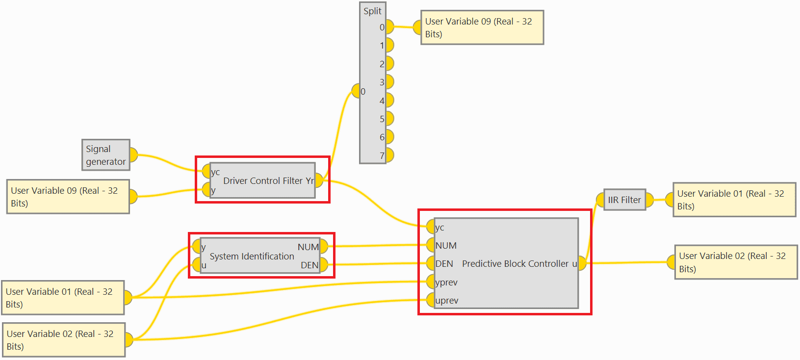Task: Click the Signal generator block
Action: [x=105, y=155]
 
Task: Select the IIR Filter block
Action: [x=624, y=200]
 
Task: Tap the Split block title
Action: [x=372, y=11]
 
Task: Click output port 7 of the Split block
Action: [x=389, y=155]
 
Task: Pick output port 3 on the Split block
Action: [x=389, y=82]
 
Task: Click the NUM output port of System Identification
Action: [x=324, y=247]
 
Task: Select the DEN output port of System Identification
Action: [x=324, y=265]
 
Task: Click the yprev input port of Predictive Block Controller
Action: [x=430, y=282]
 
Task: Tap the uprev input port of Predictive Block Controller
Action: [x=430, y=300]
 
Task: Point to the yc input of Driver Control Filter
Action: [x=206, y=172]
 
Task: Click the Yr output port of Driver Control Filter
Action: [x=319, y=180]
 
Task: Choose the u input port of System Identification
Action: [x=197, y=265]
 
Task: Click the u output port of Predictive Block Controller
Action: [x=582, y=263]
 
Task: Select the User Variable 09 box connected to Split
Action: [x=482, y=27]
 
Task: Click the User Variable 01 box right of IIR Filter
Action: [x=734, y=200]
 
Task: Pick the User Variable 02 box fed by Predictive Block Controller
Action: [x=736, y=262]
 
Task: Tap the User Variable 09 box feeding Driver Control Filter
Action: [x=68, y=197]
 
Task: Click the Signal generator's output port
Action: [x=133, y=155]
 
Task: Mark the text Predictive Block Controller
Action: [x=515, y=264]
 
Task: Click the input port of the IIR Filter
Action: [x=600, y=200]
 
